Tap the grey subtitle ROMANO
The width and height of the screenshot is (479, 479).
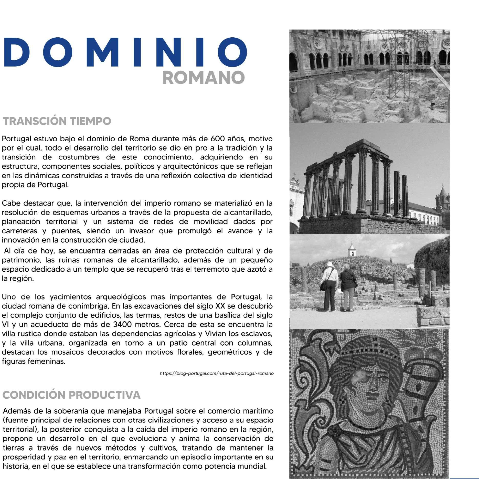point(204,78)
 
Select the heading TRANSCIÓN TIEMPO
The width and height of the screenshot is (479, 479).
point(57,121)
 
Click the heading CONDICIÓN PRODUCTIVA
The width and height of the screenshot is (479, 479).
point(71,395)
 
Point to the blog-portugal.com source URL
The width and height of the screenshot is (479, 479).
point(217,374)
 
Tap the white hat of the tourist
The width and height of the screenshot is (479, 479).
point(329,264)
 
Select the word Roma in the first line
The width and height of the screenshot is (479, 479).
point(138,139)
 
